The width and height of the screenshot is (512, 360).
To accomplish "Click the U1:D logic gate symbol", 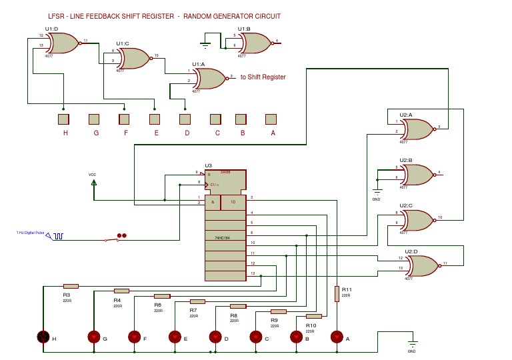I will click(x=63, y=44).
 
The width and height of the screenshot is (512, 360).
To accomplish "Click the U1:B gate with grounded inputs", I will click(x=255, y=43).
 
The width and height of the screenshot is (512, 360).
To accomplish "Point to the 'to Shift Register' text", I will click(x=263, y=77).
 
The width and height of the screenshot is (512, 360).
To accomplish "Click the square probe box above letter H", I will click(x=63, y=119).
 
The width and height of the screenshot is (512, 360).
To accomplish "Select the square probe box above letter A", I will click(x=271, y=119).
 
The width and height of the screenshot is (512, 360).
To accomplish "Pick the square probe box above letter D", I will click(x=185, y=119).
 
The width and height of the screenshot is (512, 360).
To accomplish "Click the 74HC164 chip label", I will click(x=223, y=237).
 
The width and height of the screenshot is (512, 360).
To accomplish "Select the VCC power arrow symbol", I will click(x=93, y=181).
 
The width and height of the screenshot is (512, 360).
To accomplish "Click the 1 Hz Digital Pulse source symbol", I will click(x=58, y=236).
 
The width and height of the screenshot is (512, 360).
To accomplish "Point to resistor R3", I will click(x=71, y=286).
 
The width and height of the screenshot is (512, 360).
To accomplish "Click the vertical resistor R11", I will click(x=337, y=294).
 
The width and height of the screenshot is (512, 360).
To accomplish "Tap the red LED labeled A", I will click(x=337, y=337).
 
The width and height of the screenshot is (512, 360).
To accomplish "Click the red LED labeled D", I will click(x=215, y=337).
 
